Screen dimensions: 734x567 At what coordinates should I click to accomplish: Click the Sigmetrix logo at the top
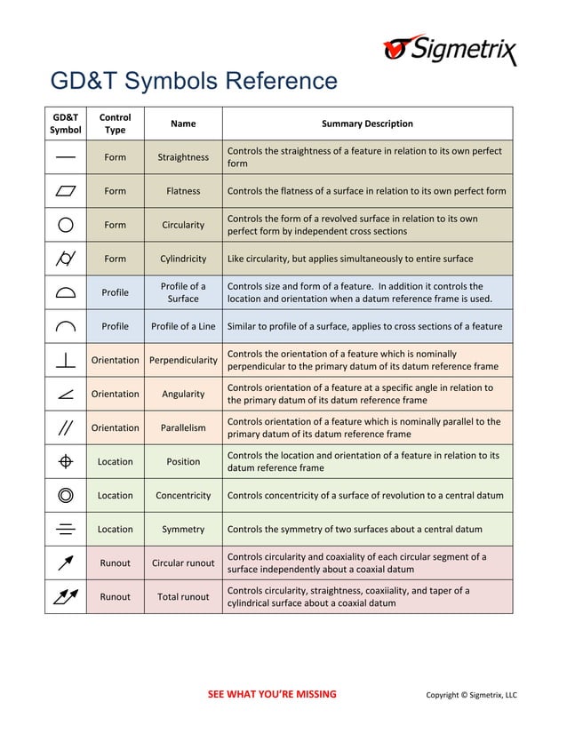tap(449, 49)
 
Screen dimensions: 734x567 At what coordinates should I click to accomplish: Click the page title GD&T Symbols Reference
tap(194, 82)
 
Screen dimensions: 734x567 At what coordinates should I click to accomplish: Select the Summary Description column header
tap(367, 124)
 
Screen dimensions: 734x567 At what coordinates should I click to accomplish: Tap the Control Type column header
tap(115, 124)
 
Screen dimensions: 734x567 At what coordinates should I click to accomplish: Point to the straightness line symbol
tap(66, 157)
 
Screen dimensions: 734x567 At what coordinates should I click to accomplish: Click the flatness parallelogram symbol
tap(66, 191)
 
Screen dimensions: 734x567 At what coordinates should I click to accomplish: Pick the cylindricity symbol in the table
tap(66, 259)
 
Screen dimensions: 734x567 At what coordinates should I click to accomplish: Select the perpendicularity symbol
tap(66, 360)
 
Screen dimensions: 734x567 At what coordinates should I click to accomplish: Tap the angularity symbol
tap(66, 394)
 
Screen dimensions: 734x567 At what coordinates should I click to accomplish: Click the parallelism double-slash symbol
tap(66, 427)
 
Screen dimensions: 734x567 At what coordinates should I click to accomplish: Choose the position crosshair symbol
tap(66, 461)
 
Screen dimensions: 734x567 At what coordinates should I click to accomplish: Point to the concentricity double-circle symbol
tap(66, 495)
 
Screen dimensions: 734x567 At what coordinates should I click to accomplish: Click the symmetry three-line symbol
tap(66, 529)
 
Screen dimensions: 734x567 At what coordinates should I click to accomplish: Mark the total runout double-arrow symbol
tap(66, 596)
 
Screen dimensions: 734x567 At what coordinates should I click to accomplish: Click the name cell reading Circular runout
tap(183, 562)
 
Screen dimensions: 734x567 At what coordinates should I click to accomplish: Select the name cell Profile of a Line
tap(183, 326)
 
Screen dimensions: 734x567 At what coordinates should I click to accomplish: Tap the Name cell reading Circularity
tap(183, 225)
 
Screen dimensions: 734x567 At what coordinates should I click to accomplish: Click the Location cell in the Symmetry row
tap(115, 529)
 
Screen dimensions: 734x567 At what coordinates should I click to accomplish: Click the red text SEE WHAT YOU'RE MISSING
tap(272, 694)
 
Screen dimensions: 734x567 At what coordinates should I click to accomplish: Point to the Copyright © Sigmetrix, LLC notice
tap(471, 695)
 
